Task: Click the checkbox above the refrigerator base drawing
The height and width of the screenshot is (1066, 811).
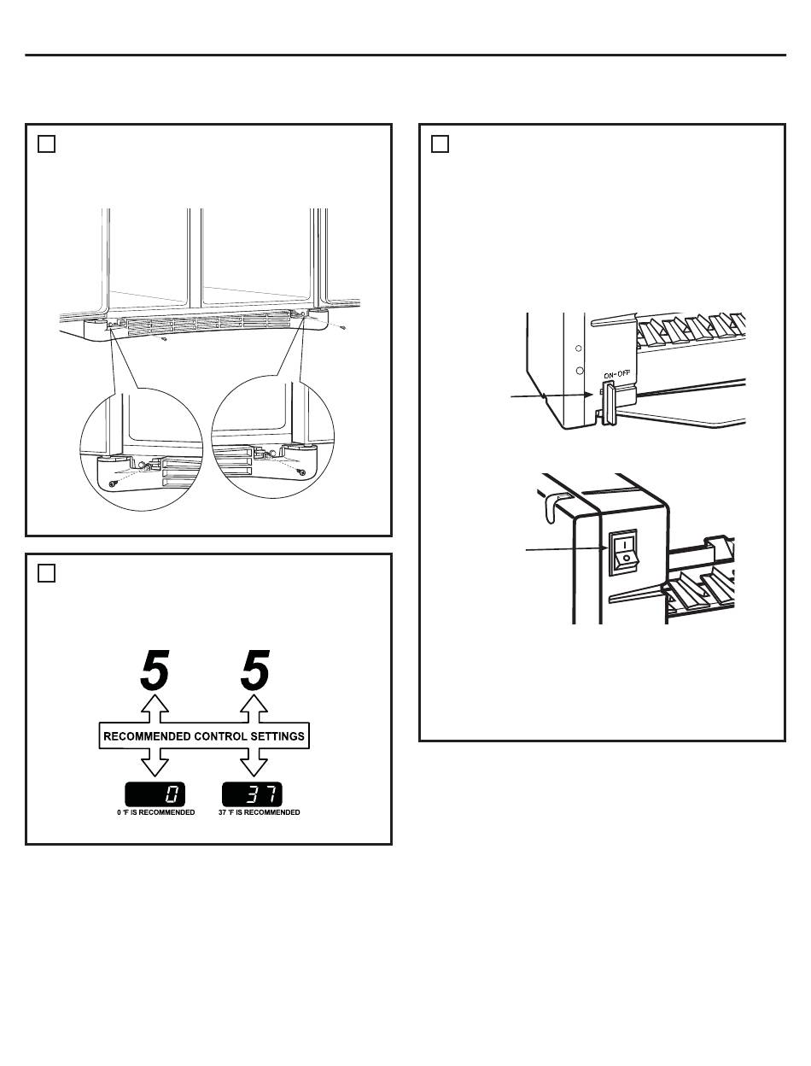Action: tap(47, 144)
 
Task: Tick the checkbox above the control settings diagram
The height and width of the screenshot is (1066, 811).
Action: tap(47, 573)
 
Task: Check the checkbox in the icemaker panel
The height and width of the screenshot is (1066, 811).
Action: tap(440, 144)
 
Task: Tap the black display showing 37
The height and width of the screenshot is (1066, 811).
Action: tap(253, 794)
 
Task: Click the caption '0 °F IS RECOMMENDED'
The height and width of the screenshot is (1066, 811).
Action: tap(155, 812)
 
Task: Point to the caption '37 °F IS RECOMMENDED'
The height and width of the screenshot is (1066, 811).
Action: tap(259, 812)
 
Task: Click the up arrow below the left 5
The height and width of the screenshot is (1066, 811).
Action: tap(155, 708)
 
